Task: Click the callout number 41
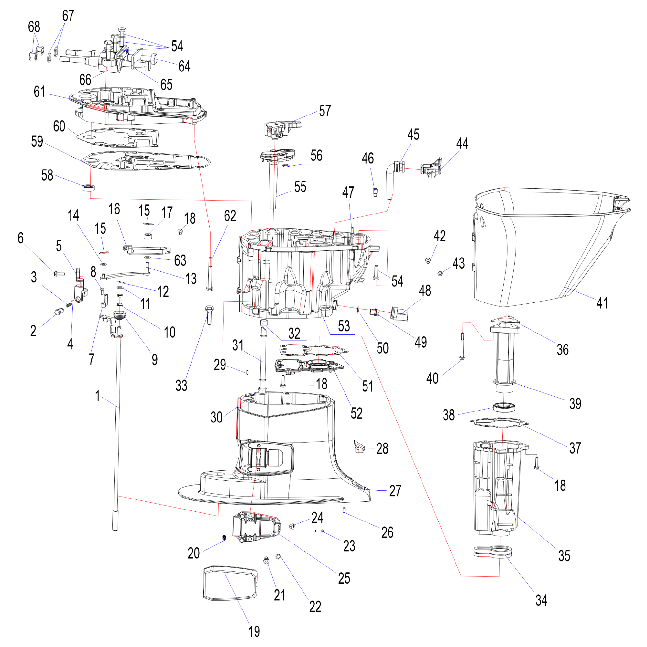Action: point(602,303)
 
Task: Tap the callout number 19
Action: point(254,631)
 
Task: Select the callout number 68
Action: point(34,27)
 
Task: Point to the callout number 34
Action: point(541,600)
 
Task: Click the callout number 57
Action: point(325,111)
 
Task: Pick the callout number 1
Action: point(97,396)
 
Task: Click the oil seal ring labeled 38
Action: point(504,407)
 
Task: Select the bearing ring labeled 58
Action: point(88,187)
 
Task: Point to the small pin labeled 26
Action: point(344,510)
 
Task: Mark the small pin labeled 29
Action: point(247,372)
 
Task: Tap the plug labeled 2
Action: point(59,312)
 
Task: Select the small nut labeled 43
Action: point(440,274)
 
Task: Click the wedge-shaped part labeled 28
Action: point(359,447)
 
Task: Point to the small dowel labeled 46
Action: point(375,192)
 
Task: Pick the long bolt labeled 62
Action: point(210,274)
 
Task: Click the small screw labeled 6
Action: point(59,274)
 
